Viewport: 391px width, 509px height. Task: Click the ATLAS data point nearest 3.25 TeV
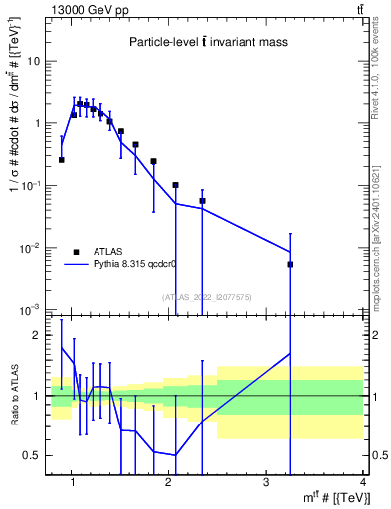point(291,265)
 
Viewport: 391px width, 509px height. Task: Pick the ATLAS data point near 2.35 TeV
point(202,201)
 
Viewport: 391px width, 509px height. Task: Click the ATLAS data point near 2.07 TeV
point(176,185)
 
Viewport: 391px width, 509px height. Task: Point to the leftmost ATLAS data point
point(62,159)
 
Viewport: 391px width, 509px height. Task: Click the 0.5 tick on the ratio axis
point(32,455)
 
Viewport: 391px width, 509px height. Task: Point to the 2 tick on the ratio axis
point(38,335)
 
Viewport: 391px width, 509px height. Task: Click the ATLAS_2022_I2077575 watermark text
point(206,296)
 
